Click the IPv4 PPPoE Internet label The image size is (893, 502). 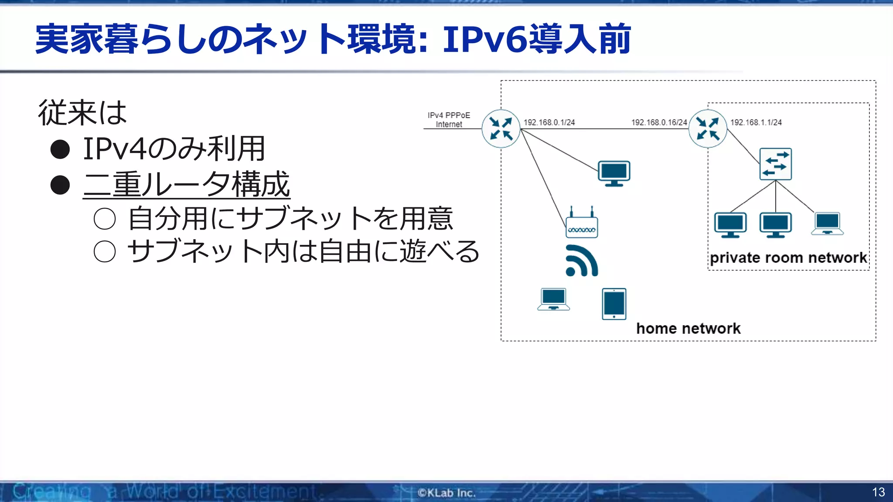[449, 119]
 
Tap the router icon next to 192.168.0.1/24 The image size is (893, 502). [501, 129]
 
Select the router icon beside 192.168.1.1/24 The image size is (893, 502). [708, 129]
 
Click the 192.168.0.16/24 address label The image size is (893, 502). [659, 122]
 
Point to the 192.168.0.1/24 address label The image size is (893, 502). [549, 122]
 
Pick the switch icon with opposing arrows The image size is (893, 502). [775, 164]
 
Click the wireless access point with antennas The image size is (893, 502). [582, 224]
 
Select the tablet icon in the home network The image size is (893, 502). [614, 304]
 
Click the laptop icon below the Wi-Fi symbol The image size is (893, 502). [553, 299]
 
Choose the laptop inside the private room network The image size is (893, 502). [827, 224]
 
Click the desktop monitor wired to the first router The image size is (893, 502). [614, 173]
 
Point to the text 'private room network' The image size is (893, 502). [788, 258]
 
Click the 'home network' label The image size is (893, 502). [688, 328]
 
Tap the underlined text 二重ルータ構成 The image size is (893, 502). [187, 184]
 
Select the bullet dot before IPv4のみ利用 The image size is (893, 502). [60, 149]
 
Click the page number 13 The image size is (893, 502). [878, 492]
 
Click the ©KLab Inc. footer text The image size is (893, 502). [446, 493]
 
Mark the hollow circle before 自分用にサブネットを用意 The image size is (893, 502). [105, 219]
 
